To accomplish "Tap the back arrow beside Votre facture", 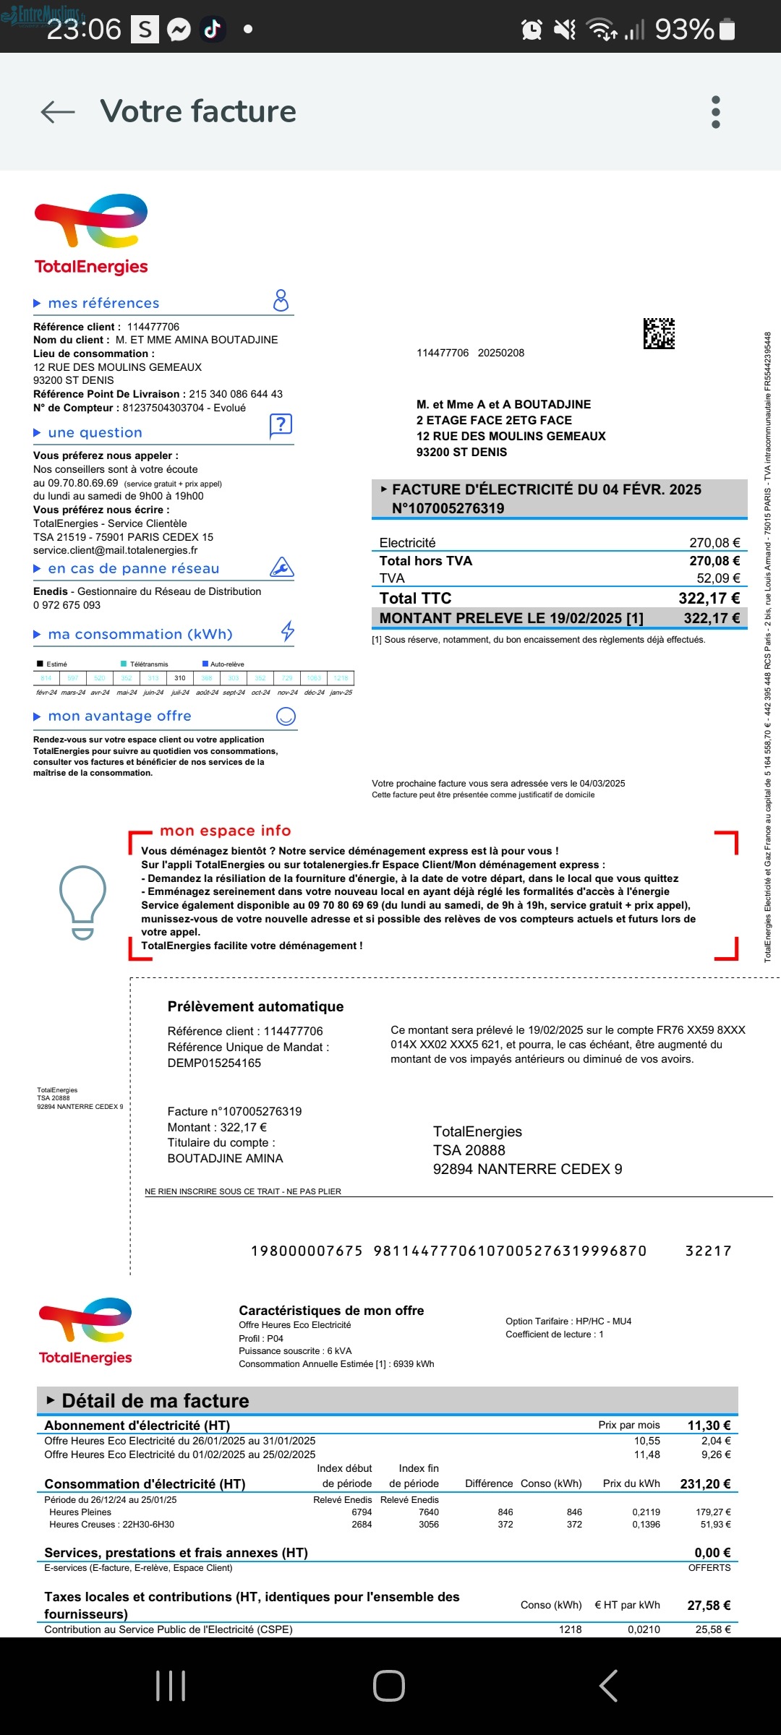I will (58, 111).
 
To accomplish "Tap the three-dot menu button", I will (716, 112).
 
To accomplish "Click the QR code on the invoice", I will (659, 333).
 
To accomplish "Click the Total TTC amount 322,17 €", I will (709, 598).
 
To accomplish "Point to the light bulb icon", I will (82, 901).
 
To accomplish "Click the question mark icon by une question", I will (281, 425).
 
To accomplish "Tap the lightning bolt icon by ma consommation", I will (288, 631).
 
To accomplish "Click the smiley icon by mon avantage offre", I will (286, 716).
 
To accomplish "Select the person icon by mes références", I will (281, 300).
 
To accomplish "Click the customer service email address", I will (115, 550).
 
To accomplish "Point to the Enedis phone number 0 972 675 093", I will (67, 605).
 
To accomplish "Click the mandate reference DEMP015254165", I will (214, 1063).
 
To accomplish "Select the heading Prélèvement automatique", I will (255, 1006).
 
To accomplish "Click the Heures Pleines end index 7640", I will (428, 1512).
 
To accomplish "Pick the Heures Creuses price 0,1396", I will (646, 1524).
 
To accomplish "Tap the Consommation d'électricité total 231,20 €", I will (705, 1483).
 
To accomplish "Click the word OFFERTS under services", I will (709, 1567).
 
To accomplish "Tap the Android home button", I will (389, 1686).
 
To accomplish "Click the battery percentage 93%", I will (684, 29).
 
